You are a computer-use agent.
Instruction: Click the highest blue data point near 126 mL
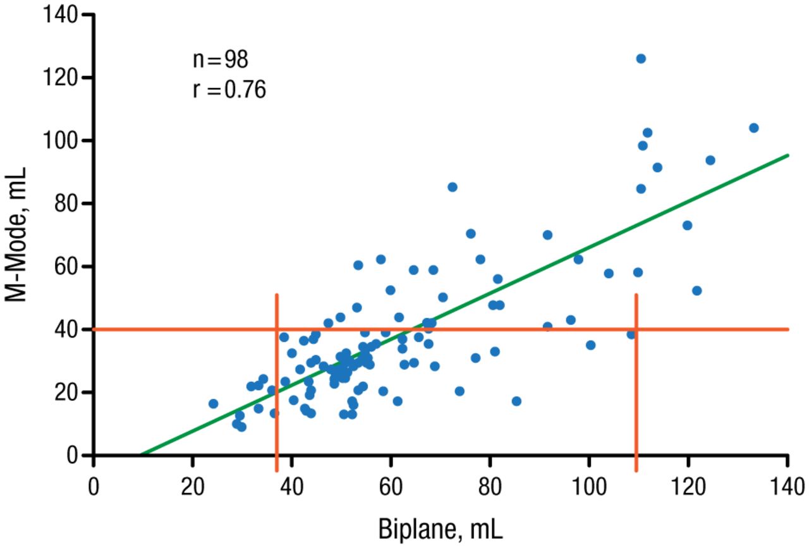click(641, 59)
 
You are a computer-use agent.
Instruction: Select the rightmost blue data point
click(753, 128)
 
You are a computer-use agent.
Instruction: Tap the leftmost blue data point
click(213, 404)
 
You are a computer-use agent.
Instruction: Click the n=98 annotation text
click(221, 61)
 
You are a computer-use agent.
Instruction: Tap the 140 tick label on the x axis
click(788, 489)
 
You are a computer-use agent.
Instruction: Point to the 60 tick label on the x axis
click(391, 489)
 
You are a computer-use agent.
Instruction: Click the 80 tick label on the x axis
click(490, 489)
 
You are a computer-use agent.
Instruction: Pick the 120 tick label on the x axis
click(688, 489)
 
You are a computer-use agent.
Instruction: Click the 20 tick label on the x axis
click(193, 489)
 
